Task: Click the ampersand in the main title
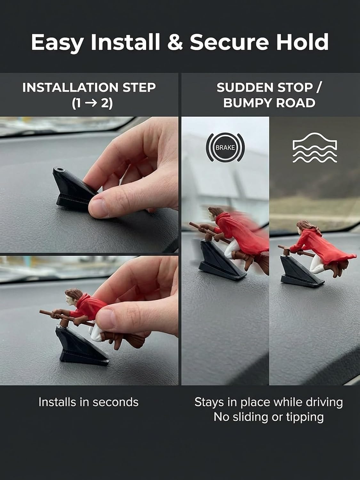175,42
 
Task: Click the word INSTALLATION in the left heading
70,87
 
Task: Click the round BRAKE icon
225,148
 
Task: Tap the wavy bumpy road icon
315,148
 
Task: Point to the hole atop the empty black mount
59,169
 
